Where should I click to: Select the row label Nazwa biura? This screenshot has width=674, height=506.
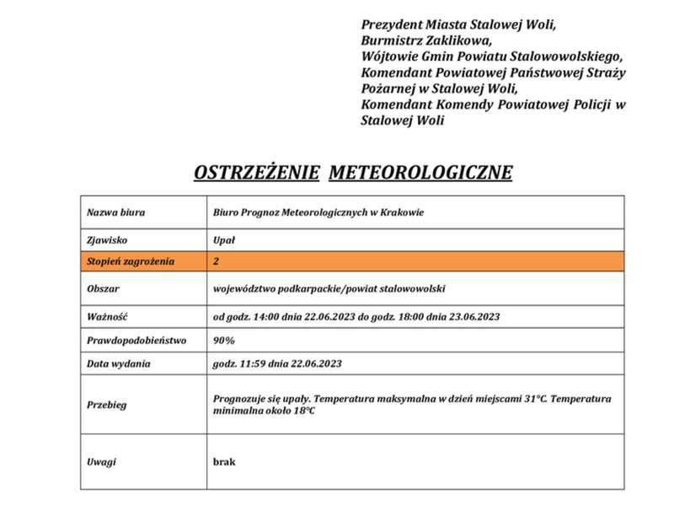[115, 213]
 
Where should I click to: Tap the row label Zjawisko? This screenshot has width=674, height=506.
[106, 240]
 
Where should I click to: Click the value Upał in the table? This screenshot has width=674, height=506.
[223, 240]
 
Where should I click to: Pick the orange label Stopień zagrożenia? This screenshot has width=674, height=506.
[130, 261]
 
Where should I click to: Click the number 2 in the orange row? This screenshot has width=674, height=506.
[217, 261]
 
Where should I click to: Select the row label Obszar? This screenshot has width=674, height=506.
[103, 288]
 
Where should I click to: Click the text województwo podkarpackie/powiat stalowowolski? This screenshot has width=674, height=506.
[329, 288]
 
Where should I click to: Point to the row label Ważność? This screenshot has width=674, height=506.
[106, 316]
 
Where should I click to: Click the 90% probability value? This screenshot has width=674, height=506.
[224, 341]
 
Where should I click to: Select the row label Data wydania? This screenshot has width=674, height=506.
[118, 364]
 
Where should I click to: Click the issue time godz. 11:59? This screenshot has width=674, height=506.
[239, 364]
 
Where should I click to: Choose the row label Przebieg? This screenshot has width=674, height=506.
[106, 405]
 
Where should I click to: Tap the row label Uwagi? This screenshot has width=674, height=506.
[101, 461]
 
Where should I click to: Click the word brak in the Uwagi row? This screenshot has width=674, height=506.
[224, 461]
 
